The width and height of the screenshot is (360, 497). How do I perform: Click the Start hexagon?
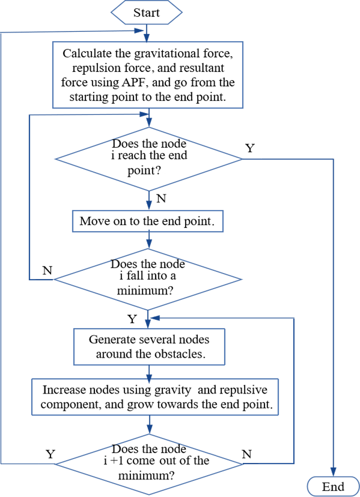point(147,12)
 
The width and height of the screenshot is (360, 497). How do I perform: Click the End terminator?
point(333,487)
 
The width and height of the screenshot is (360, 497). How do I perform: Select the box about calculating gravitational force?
point(147,75)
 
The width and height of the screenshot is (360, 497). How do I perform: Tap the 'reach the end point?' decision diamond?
point(149,159)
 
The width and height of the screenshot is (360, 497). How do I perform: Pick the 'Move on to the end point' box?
point(148,222)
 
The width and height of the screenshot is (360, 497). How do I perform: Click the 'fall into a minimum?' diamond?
point(148,279)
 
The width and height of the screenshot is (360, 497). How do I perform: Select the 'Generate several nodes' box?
point(149,346)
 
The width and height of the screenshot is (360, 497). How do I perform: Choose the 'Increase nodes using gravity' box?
point(155,397)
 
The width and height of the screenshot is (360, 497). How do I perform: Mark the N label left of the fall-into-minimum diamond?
point(48,270)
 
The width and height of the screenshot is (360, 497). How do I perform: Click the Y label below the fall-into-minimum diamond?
point(132,319)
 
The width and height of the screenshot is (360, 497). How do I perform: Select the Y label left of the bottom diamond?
point(50,454)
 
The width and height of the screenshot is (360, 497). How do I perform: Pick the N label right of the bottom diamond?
point(247,454)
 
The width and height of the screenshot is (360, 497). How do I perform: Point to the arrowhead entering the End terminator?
point(333,475)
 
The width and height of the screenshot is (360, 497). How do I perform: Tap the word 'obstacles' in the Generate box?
point(181,354)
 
